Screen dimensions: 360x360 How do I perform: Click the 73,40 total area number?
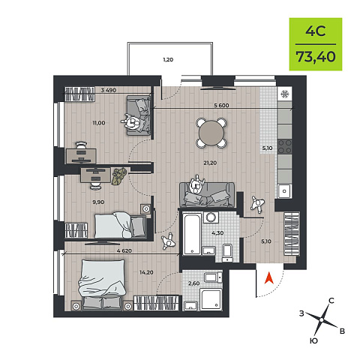(316, 57)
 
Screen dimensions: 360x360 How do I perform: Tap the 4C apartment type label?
(316, 31)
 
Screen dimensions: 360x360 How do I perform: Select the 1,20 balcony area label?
(168, 59)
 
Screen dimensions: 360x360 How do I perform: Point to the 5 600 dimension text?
(221, 106)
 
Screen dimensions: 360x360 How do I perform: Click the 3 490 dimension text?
(109, 90)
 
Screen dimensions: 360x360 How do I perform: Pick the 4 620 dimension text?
(124, 250)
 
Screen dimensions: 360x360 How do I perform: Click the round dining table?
(211, 133)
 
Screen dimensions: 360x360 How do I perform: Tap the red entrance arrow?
(269, 278)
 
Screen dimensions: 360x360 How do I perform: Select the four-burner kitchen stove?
(285, 146)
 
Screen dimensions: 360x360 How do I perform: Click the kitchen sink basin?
(284, 191)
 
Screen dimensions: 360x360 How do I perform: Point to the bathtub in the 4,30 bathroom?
(192, 234)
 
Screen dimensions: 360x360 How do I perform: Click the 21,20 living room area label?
(210, 163)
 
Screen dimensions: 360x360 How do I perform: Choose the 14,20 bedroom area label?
(146, 272)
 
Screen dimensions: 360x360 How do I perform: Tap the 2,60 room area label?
(194, 283)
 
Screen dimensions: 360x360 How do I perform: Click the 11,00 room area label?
(99, 123)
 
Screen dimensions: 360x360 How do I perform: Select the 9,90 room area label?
(98, 202)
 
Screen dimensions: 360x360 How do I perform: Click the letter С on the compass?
(331, 301)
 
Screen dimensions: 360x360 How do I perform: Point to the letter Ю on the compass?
(313, 340)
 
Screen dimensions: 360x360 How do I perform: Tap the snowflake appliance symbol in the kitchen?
(285, 94)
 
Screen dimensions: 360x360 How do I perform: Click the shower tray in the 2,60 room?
(211, 299)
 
